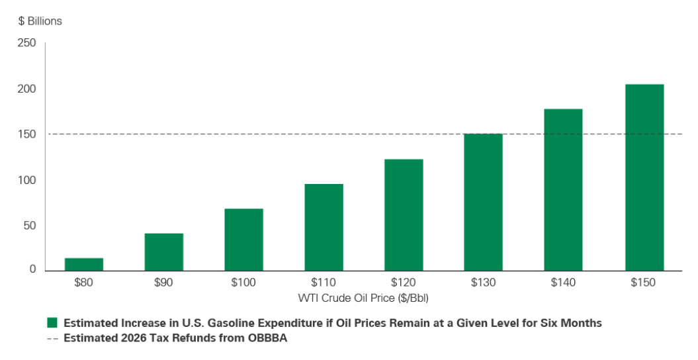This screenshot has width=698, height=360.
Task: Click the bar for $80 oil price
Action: click(84, 264)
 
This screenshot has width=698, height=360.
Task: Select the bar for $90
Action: click(164, 252)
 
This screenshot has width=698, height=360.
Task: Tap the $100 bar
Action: click(244, 240)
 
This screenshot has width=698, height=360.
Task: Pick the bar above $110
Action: click(324, 227)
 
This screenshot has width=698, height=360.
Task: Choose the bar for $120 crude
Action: click(404, 215)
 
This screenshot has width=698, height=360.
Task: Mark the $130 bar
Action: click(484, 202)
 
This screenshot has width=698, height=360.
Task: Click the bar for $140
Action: click(564, 190)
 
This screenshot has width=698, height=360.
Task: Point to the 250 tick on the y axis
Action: click(27, 43)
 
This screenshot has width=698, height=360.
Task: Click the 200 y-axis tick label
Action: click(27, 89)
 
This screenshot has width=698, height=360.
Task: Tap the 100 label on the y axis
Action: click(27, 180)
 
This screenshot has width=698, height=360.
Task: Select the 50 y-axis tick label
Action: click(30, 225)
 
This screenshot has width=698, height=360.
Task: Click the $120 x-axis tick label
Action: click(404, 283)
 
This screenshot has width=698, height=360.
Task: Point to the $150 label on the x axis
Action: click(644, 283)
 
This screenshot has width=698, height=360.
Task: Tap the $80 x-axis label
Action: click(84, 283)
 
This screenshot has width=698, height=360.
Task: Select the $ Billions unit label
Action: click(40, 21)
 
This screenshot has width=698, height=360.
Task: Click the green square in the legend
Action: click(52, 323)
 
